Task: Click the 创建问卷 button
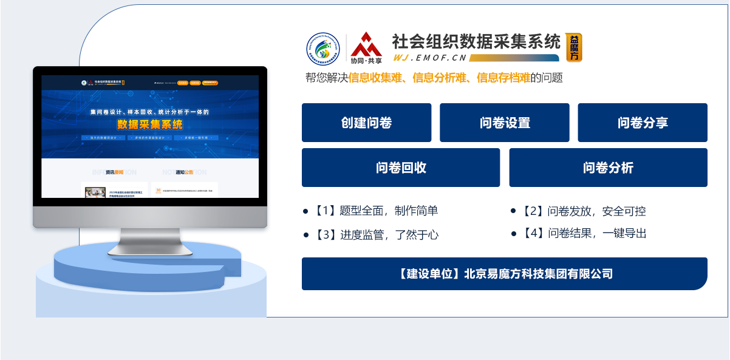366,123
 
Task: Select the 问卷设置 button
504,123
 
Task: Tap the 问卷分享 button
642,123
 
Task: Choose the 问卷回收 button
400,168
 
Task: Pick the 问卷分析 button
608,168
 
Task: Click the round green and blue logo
323,49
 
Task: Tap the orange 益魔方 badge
573,47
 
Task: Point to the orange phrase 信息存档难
503,78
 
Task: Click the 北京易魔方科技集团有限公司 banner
504,274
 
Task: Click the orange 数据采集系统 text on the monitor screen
149,125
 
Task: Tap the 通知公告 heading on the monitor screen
184,172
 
